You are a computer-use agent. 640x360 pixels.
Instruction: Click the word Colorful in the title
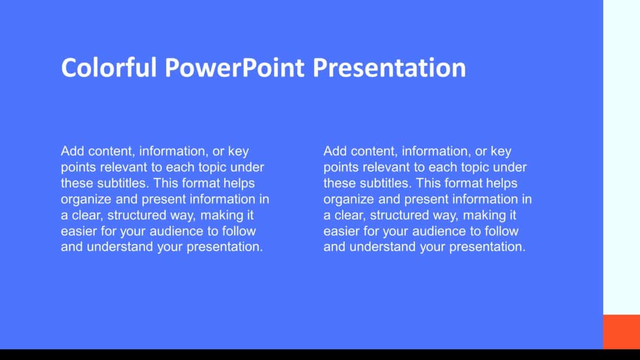109,68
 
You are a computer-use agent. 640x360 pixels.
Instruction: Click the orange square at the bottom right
622,331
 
